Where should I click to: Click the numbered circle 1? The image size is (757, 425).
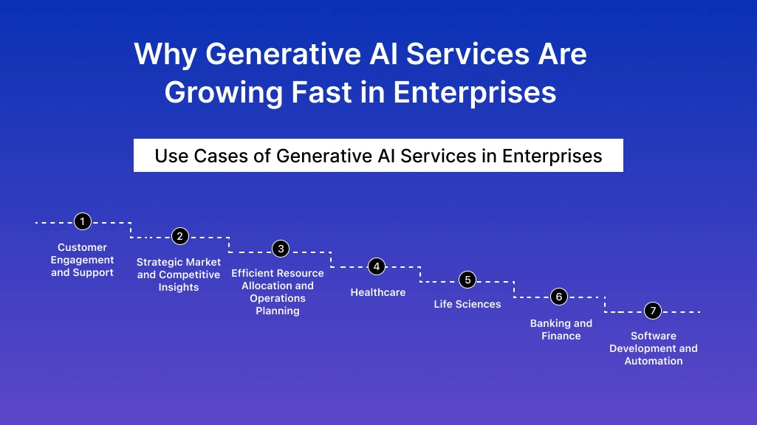click(x=83, y=221)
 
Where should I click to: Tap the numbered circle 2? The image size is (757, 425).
click(x=179, y=236)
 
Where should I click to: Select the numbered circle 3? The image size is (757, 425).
click(x=280, y=249)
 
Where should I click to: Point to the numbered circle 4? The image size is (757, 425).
click(x=377, y=266)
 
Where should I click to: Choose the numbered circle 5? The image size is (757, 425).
click(x=467, y=280)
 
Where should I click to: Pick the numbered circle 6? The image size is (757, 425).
click(x=559, y=297)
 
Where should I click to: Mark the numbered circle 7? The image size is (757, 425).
click(x=652, y=311)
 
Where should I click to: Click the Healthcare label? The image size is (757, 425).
click(x=377, y=292)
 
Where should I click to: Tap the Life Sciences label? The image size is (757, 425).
click(x=467, y=304)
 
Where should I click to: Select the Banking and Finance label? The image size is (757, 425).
click(x=561, y=330)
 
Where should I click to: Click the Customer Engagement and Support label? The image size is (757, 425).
click(x=83, y=260)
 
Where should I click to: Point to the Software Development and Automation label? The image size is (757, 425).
click(x=654, y=348)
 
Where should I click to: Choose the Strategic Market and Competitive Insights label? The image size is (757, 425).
click(x=179, y=274)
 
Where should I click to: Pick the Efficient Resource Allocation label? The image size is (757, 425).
click(x=278, y=291)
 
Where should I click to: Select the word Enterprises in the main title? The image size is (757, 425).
click(x=474, y=93)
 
